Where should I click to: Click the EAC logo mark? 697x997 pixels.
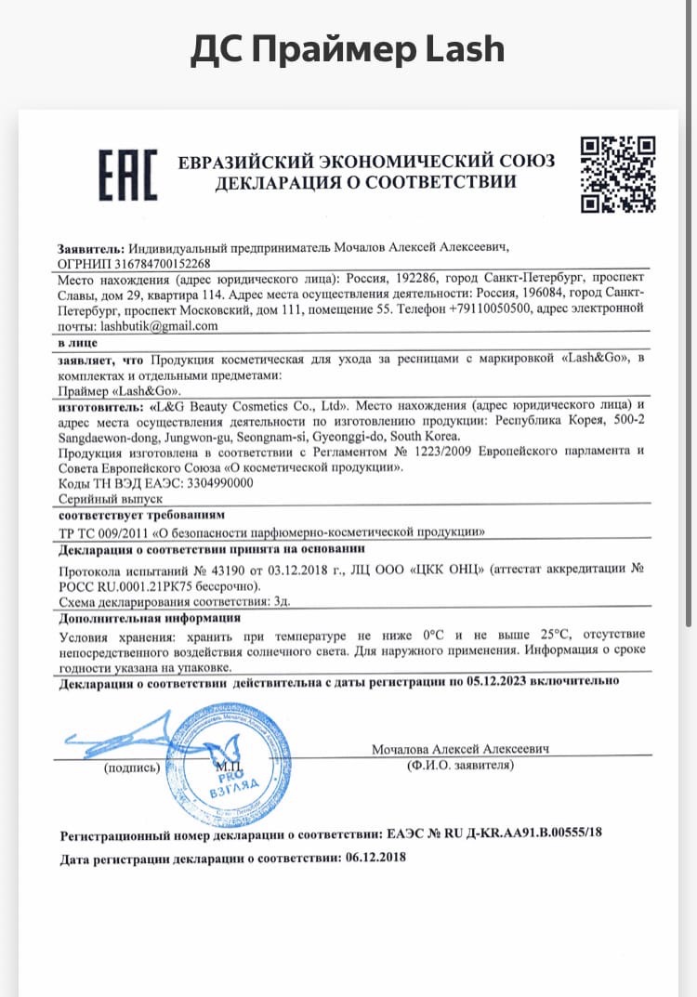128,174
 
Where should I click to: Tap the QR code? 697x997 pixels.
618,174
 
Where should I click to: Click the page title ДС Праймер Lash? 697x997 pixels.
348,49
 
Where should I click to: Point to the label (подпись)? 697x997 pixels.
133,767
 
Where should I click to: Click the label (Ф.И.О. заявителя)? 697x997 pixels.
460,765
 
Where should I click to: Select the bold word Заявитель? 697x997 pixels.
90,249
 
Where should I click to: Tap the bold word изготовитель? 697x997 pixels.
100,407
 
